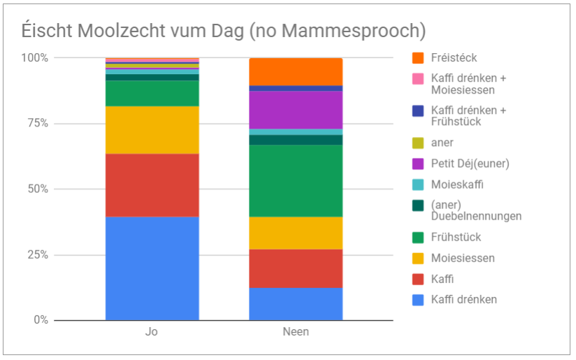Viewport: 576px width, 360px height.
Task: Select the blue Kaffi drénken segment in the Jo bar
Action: (152, 268)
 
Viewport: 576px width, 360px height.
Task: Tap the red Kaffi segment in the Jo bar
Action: (152, 185)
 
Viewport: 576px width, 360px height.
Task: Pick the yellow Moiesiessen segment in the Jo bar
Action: (152, 130)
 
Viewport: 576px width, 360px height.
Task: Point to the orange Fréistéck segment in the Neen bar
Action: (296, 71)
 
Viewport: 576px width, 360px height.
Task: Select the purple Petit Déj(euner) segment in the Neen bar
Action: (296, 110)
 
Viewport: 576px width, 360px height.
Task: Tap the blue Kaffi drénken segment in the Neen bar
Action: (296, 304)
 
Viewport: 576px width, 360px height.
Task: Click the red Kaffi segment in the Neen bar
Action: (296, 268)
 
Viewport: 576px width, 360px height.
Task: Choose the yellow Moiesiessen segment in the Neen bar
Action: (296, 233)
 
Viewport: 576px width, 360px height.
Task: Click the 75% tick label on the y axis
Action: (36, 124)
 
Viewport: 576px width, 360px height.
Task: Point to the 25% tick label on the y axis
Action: (36, 255)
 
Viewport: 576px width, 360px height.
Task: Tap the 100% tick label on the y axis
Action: (34, 58)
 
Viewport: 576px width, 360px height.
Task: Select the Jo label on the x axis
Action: (152, 332)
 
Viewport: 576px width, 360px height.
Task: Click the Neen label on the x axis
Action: (296, 332)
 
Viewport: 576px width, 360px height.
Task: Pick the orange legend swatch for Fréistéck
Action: (419, 58)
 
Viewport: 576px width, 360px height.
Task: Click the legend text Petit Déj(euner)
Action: (470, 164)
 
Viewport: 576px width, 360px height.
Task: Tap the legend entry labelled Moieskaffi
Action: (457, 185)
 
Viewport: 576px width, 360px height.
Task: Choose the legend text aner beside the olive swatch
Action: (442, 143)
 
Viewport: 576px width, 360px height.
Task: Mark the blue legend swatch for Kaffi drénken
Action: (419, 300)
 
